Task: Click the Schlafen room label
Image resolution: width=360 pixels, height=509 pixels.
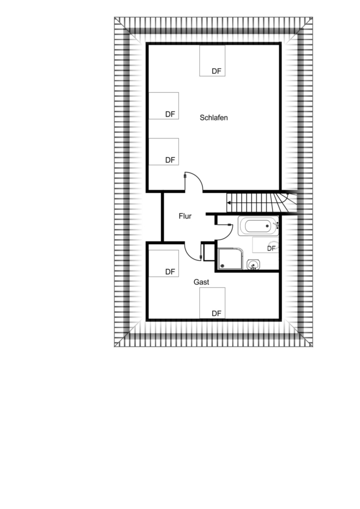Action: tap(213, 118)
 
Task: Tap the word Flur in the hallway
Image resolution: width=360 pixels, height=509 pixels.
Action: tap(185, 216)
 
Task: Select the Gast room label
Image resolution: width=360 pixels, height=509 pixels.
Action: tap(201, 282)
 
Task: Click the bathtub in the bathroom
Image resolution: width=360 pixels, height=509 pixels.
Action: tap(259, 226)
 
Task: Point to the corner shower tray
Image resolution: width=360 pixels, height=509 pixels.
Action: tap(230, 258)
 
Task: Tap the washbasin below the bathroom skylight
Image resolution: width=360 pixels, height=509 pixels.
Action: tap(253, 265)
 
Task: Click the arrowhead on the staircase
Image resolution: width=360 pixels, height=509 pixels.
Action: tap(229, 203)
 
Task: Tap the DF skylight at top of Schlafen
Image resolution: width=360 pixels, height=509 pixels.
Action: tap(212, 61)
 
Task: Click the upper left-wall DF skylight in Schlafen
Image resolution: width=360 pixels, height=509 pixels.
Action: tap(164, 106)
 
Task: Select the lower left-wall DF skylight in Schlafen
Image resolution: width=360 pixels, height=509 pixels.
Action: tap(164, 152)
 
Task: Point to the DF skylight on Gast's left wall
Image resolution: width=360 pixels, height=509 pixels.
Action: tap(164, 263)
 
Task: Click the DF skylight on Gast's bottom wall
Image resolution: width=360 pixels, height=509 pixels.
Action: tap(212, 303)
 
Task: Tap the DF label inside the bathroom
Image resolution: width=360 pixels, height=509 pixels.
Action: tap(271, 249)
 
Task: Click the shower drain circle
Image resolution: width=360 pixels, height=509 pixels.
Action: tap(222, 266)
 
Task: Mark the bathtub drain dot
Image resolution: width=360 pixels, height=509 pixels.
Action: tap(267, 226)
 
